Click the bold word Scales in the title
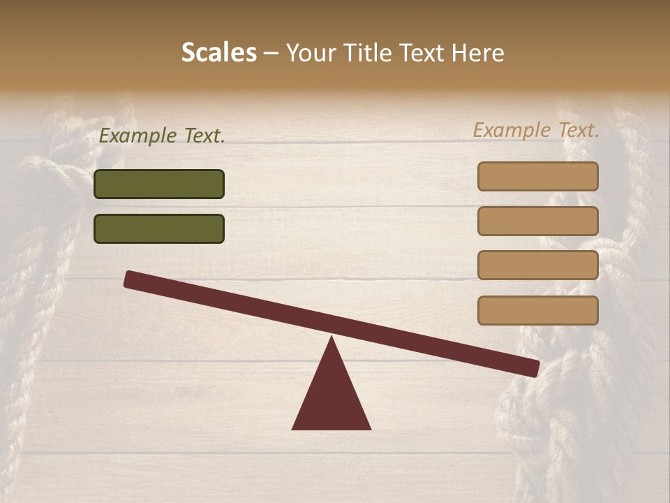pos(218,53)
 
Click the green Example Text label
pos(162,136)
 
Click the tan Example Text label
pos(536,130)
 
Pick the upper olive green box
pos(159,184)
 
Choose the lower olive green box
pos(159,228)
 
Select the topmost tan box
pos(537,176)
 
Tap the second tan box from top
pos(537,221)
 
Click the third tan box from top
pos(537,265)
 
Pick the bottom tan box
pos(537,310)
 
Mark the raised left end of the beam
pos(128,279)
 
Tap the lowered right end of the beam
pos(535,368)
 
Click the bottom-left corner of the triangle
pos(293,428)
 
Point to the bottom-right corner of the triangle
pos(370,428)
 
